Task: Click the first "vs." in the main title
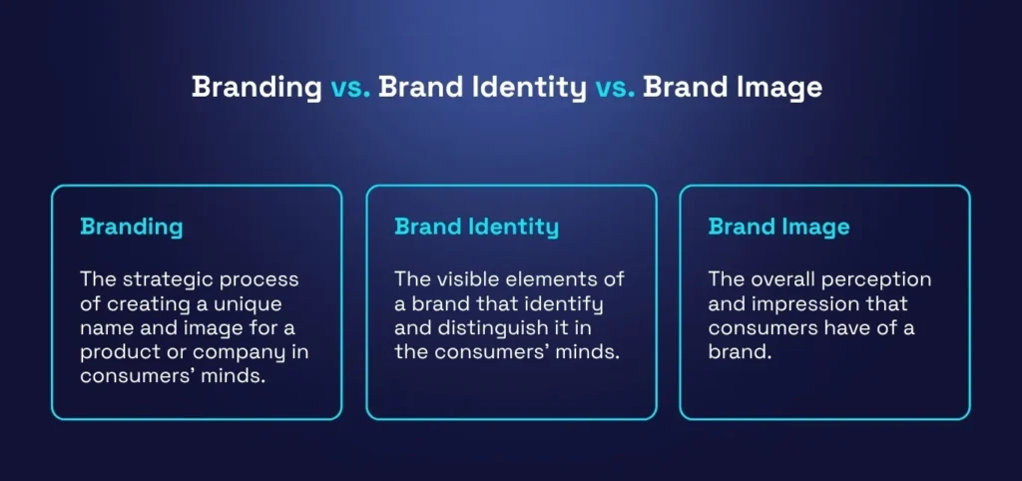tap(349, 87)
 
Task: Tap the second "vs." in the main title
tap(615, 87)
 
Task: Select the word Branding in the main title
tap(256, 87)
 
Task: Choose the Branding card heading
tap(132, 227)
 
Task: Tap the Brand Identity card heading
tap(476, 227)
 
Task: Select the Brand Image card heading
tap(778, 227)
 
